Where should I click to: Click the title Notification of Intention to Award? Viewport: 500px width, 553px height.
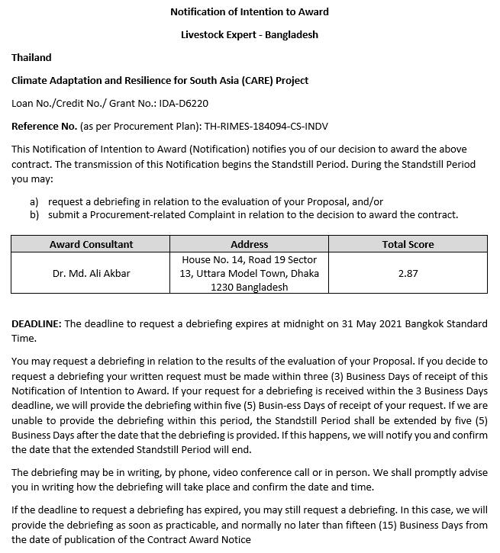pos(250,11)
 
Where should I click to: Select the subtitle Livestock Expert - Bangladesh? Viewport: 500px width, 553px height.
pos(250,34)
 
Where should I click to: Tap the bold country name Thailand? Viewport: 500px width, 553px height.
pos(31,57)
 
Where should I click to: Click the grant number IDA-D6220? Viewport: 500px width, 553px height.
pos(183,103)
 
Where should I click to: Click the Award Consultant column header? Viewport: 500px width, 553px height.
pos(91,244)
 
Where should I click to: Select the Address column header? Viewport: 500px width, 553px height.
pos(249,244)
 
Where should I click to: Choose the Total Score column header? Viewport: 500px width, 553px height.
pos(408,244)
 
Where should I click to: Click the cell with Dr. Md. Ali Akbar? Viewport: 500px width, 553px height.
pos(91,273)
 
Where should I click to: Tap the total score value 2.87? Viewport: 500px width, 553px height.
pos(408,273)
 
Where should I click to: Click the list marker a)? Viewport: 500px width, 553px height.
pos(34,201)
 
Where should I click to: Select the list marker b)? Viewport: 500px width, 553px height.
pos(34,214)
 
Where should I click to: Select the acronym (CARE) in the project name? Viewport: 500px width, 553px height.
pos(260,80)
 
